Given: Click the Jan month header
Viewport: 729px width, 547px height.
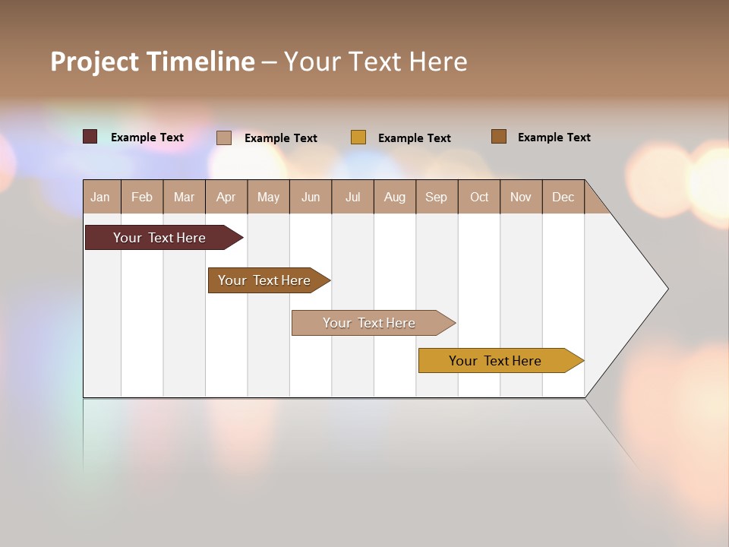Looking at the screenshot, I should [x=101, y=197].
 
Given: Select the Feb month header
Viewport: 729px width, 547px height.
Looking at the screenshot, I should [x=142, y=197].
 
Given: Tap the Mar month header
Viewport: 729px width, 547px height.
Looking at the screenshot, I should [x=184, y=197].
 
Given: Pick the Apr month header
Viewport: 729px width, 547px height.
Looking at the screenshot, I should [x=226, y=197].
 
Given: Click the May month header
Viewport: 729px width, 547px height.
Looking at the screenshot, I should [x=268, y=197].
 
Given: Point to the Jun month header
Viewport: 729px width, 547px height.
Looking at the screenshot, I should [x=311, y=197].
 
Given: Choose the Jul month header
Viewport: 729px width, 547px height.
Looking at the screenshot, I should [x=352, y=197].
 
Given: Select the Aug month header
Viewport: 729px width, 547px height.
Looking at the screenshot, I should [x=395, y=197].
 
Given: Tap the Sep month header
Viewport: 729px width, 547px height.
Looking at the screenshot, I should [x=437, y=197].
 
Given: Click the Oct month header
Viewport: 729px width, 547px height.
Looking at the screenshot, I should [x=479, y=197].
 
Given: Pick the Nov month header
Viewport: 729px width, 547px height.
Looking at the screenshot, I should [x=521, y=197].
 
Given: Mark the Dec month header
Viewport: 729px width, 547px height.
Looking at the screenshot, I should [x=563, y=197].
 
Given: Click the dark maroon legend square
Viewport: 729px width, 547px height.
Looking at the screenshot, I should [x=90, y=137].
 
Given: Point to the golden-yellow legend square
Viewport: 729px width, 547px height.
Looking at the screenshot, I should [x=358, y=138].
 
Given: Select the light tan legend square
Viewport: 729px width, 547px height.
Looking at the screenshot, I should [x=224, y=138].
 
